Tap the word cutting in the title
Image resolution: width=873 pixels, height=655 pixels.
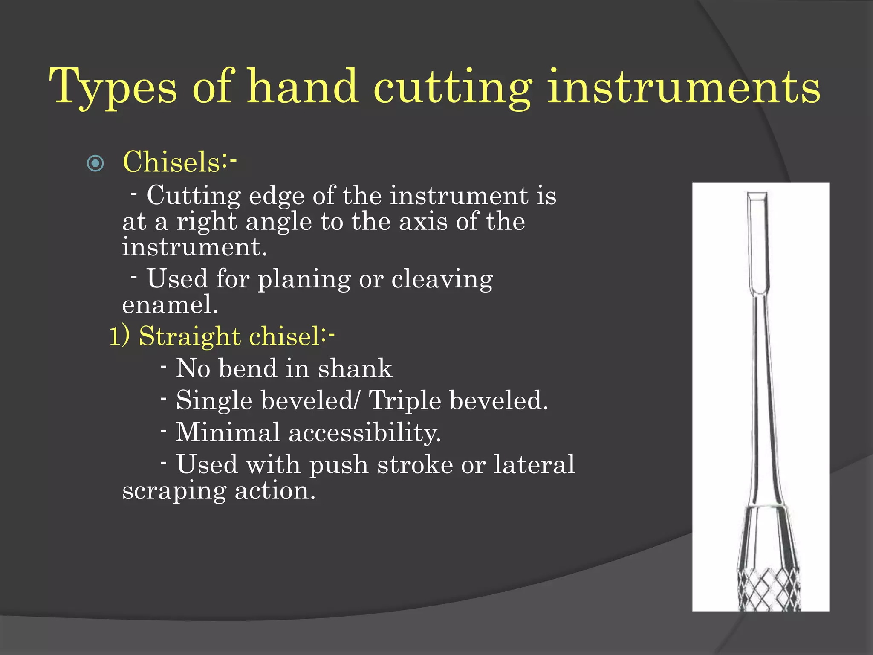click(x=452, y=87)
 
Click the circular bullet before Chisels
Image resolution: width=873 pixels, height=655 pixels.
click(x=95, y=163)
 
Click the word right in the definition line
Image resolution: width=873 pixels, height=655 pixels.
click(x=206, y=222)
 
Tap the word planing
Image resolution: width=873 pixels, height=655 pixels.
click(x=304, y=280)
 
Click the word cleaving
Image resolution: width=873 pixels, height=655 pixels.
click(x=442, y=280)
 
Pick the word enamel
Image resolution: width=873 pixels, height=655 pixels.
click(x=169, y=304)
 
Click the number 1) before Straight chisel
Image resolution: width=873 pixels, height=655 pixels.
click(x=119, y=336)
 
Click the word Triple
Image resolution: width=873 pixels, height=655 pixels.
click(x=404, y=401)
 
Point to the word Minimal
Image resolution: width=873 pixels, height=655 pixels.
click(x=228, y=432)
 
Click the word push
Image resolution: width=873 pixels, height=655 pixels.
click(x=338, y=465)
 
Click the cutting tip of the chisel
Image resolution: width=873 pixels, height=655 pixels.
click(x=757, y=197)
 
